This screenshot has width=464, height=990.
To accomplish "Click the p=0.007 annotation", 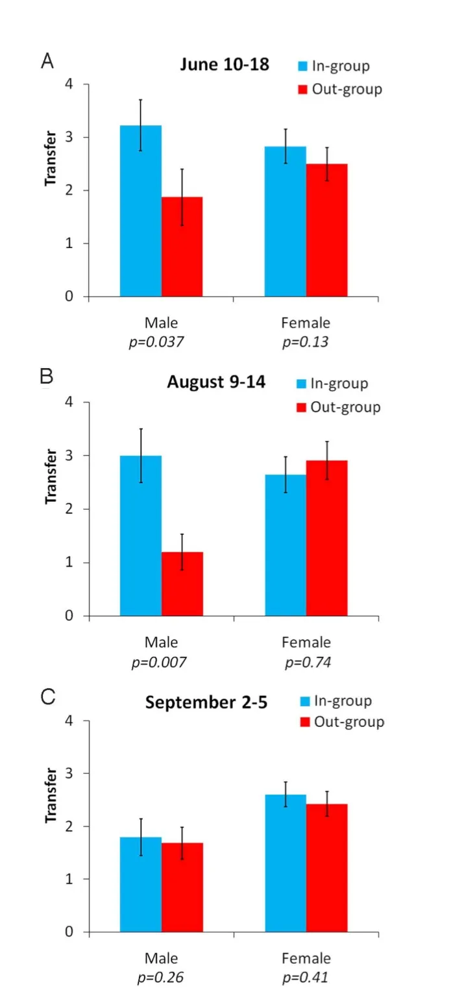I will pyautogui.click(x=161, y=662).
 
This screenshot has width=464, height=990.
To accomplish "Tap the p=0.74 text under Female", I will pyautogui.click(x=306, y=662).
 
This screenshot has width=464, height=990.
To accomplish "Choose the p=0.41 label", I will pyautogui.click(x=306, y=978).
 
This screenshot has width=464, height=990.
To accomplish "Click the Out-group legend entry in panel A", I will pyautogui.click(x=339, y=89).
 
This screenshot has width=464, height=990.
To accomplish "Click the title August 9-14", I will pyautogui.click(x=216, y=382).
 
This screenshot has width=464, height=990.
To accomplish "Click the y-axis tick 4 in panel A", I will pyautogui.click(x=68, y=84).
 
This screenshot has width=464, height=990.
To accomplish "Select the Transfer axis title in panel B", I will pyautogui.click(x=50, y=476).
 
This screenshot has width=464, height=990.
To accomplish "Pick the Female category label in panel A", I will pyautogui.click(x=306, y=323).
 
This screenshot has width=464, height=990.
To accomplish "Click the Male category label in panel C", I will pyautogui.click(x=161, y=958).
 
